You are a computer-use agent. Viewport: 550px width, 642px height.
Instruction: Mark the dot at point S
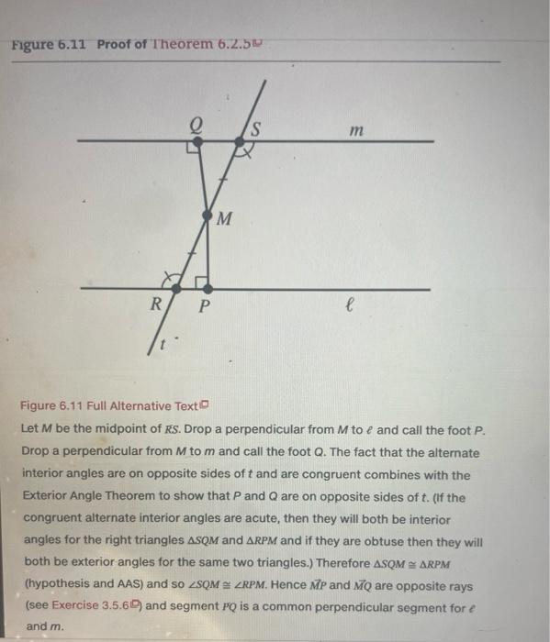pyautogui.click(x=241, y=141)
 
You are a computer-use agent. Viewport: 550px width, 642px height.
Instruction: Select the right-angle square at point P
pyautogui.click(x=205, y=279)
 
